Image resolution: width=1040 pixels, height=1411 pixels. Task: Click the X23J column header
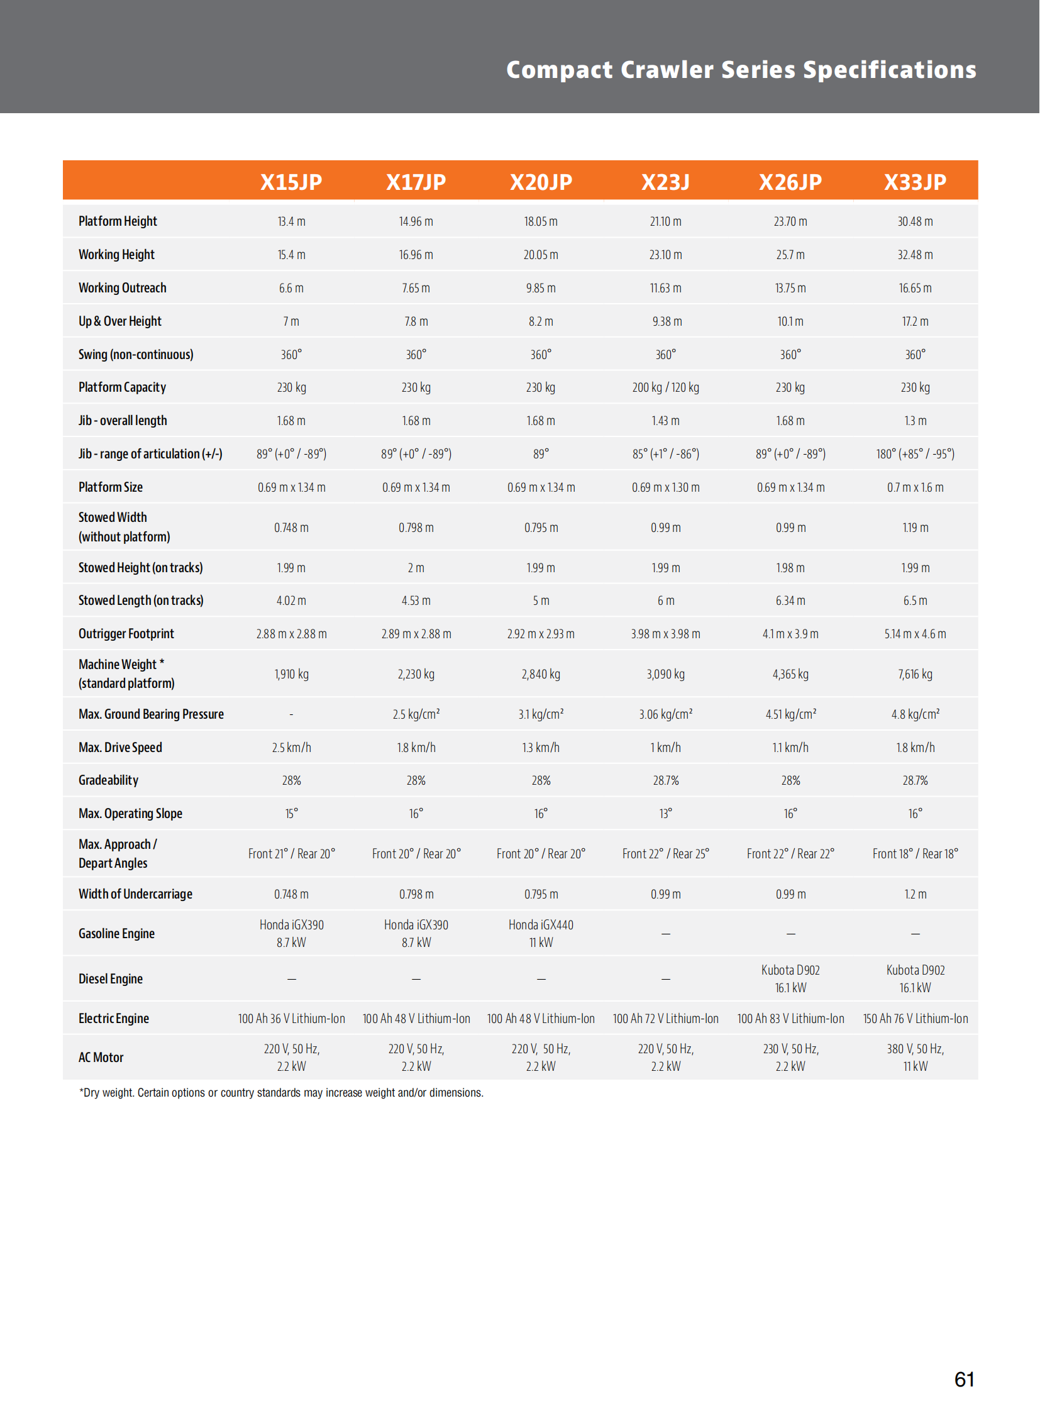[x=665, y=182]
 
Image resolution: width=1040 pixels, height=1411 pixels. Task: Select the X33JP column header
[x=915, y=182]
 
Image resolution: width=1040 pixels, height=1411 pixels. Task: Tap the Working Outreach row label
[x=122, y=288]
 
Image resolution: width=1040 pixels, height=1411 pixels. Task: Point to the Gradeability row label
[x=108, y=780]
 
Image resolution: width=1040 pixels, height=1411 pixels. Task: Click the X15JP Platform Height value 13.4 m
[x=292, y=221]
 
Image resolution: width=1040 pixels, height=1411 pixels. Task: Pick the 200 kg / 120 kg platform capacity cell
[x=665, y=387]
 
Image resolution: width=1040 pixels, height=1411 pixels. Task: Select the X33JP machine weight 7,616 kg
[x=915, y=673]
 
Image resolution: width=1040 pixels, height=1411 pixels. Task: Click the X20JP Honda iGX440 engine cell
[x=541, y=933]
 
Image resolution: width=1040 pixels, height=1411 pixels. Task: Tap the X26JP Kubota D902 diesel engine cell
[x=790, y=978]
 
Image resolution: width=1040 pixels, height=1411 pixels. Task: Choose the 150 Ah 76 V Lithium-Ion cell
[x=915, y=1018]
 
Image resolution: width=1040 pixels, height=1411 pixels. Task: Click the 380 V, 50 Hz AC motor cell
[x=915, y=1057]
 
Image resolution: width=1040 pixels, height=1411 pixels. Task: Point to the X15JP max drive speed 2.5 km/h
[x=292, y=748]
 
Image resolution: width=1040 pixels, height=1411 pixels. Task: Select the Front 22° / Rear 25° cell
[x=665, y=854]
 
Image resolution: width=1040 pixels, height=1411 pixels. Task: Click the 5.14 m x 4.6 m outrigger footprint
[x=915, y=634]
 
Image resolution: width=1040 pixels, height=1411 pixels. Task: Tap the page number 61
[x=964, y=1380]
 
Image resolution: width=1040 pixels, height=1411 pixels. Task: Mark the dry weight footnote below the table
[x=282, y=1093]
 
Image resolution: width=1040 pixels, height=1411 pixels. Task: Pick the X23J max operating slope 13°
[x=665, y=814]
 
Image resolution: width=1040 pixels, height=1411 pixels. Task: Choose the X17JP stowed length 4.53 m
[x=416, y=600]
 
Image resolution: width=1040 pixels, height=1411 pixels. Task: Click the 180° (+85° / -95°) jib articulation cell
[x=915, y=454]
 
